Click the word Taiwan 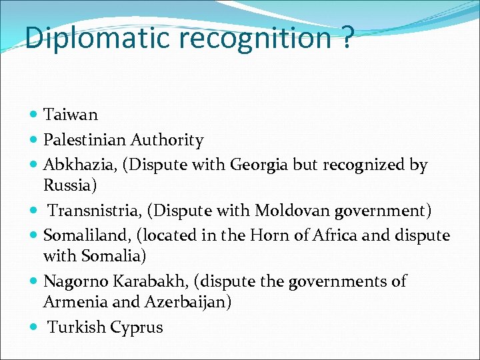71,115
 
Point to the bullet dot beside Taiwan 34,115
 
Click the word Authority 167,140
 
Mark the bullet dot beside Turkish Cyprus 34,327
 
